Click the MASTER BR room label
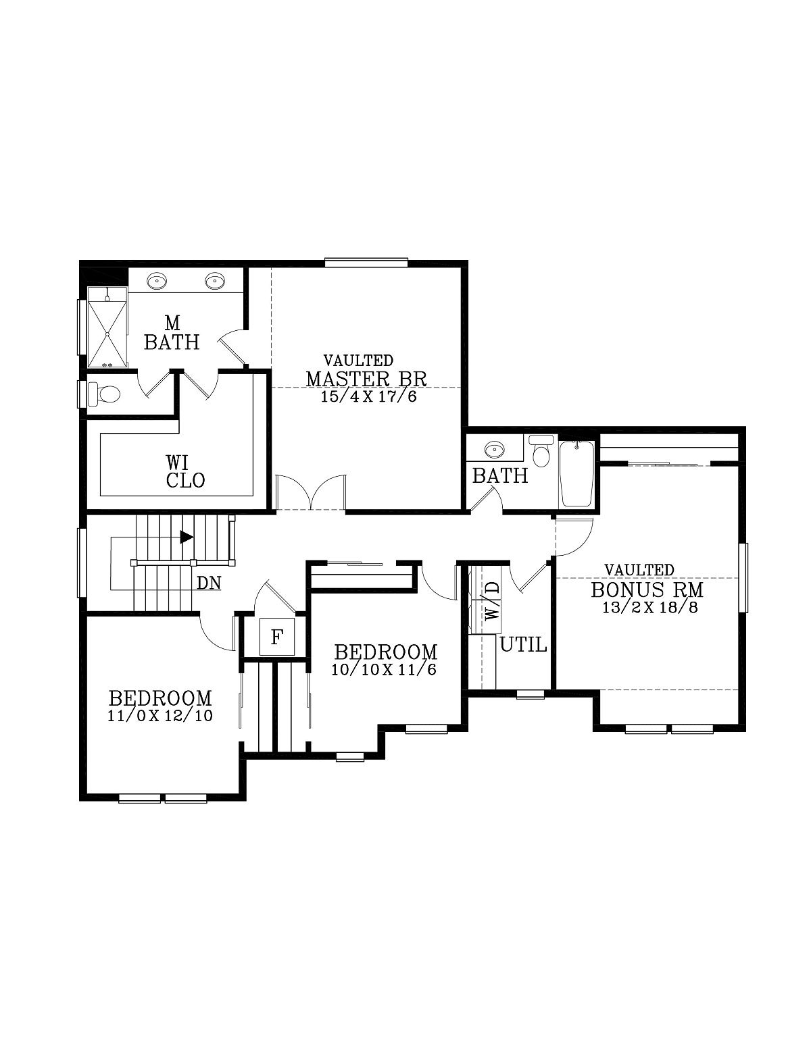coord(366,379)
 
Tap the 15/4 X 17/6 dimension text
coord(368,396)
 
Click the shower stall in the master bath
coord(107,327)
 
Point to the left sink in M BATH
coord(157,280)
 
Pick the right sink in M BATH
coord(215,280)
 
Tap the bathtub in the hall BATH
coord(576,473)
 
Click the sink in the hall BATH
coord(495,448)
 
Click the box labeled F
coord(276,637)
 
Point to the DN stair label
coord(209,583)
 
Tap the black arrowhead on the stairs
coord(187,537)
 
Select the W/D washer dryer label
coord(493,600)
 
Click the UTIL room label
coord(523,645)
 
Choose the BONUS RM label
coord(647,589)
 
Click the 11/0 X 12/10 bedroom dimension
coord(160,716)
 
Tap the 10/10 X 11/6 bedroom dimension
coord(385,670)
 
